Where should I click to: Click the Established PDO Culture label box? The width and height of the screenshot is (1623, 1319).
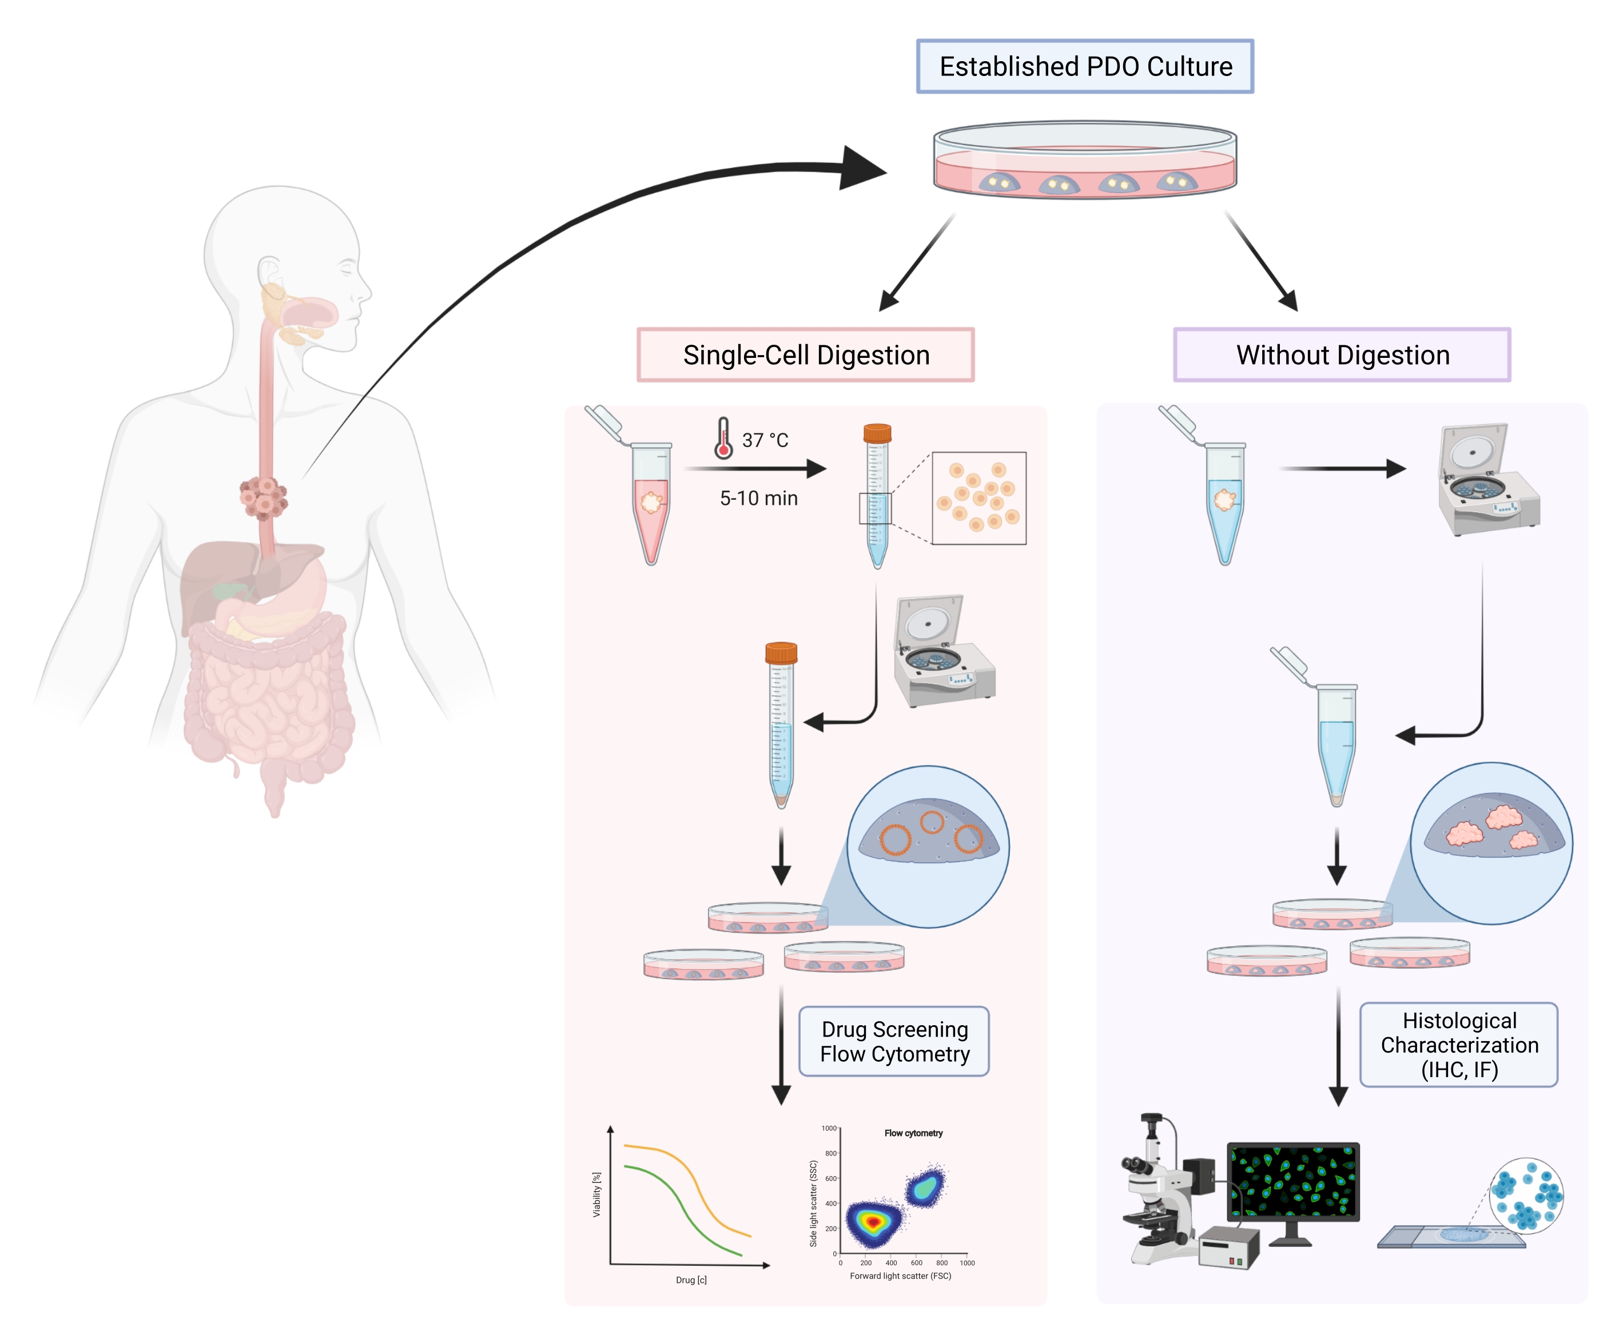[1084, 67]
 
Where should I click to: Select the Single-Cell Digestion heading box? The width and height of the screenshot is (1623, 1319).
[805, 355]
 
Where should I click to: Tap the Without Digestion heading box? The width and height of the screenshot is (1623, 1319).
[1342, 355]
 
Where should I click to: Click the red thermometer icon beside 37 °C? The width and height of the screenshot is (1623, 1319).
[723, 439]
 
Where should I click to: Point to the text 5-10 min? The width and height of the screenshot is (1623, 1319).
[758, 499]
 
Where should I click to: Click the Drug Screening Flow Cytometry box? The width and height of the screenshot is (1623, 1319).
[894, 1042]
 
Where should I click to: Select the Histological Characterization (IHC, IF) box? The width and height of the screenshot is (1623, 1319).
[1459, 1045]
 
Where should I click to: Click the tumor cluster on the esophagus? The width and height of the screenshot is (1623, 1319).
[263, 497]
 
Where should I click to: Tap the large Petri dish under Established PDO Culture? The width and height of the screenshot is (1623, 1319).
[1084, 161]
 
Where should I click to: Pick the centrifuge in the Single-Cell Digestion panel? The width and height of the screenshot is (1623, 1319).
[942, 651]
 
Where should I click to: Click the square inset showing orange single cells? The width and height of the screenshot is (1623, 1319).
[978, 497]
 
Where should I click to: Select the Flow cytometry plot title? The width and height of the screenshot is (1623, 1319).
[913, 1133]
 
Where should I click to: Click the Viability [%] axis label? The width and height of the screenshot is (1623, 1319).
[596, 1194]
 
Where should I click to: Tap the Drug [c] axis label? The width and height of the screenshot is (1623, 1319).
[691, 1280]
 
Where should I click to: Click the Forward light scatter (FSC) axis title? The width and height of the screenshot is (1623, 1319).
[900, 1276]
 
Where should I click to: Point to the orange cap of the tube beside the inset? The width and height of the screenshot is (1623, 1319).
[877, 433]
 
